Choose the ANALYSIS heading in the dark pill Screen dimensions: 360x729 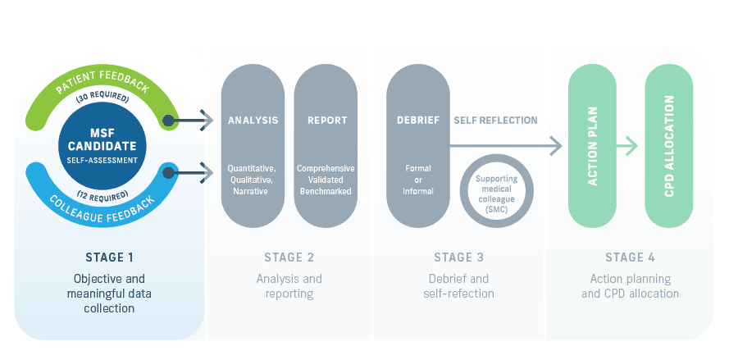253,121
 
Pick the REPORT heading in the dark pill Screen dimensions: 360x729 326,121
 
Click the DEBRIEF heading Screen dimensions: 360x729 418,121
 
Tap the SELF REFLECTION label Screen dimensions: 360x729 495,121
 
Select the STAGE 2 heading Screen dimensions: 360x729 289,257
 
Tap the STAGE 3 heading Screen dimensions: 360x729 458,257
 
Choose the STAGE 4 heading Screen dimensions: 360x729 630,257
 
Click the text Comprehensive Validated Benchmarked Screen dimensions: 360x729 326,180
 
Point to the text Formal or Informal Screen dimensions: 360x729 418,180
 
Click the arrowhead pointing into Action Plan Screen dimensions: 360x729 556,147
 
